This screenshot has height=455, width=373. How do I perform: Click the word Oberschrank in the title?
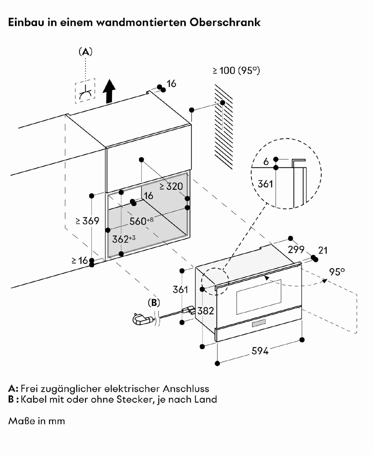[x=225, y=22]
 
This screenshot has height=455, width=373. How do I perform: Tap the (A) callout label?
[x=85, y=52]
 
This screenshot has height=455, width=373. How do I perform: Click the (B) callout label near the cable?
[x=154, y=303]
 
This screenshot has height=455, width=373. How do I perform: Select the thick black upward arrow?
[x=109, y=91]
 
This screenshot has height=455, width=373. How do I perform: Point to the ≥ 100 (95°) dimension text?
[x=236, y=70]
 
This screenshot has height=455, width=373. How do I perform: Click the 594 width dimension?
[x=260, y=351]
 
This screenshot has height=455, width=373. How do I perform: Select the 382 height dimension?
[x=206, y=311]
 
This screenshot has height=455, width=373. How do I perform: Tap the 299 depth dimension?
[x=296, y=250]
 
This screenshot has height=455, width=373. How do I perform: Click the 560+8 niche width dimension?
[x=141, y=221]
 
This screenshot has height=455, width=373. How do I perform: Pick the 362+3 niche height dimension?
[x=123, y=239]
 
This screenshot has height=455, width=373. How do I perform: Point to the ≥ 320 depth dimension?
[x=171, y=187]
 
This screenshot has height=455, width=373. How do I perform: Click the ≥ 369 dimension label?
[x=87, y=221]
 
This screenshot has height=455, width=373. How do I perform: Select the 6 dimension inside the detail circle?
[x=266, y=162]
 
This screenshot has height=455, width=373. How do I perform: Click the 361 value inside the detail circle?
[x=265, y=184]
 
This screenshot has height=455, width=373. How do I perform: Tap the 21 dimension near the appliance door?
[x=323, y=251]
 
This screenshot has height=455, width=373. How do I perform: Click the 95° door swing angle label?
[x=337, y=272]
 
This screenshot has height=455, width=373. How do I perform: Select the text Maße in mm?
[x=37, y=421]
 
